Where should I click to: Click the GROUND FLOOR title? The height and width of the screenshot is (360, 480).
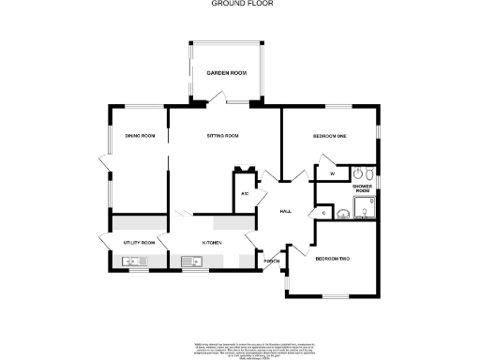coord(241,4)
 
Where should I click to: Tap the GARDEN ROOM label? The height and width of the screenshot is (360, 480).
coord(226,73)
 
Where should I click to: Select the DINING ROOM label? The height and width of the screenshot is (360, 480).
coord(140,137)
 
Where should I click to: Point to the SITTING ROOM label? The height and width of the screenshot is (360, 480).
coord(223,137)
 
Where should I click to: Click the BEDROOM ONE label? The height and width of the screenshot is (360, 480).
coord(330,137)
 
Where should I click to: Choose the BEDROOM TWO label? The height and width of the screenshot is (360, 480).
coord(332,258)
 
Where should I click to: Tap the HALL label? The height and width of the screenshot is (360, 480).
coord(286,211)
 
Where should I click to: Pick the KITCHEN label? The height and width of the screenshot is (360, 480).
coord(212,243)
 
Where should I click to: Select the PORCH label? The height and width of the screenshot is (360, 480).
coord(270,261)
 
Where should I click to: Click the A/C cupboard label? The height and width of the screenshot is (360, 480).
coord(245,194)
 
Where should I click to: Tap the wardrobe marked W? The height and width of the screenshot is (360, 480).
coord(332,174)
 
